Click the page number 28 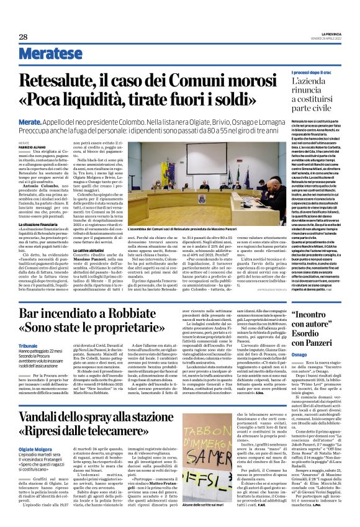pyautogui.click(x=23, y=37)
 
